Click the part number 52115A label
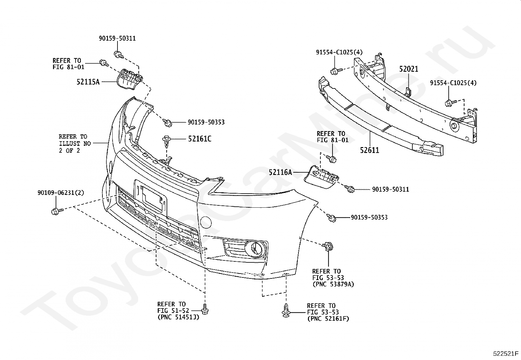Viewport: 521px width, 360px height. tap(88, 82)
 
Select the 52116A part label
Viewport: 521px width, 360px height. tap(280, 172)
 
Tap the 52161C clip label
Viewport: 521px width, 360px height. tap(199, 139)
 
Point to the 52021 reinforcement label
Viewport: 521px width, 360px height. tap(408, 69)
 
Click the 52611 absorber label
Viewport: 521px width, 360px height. tap(369, 150)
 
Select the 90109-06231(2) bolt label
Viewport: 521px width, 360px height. tap(61, 193)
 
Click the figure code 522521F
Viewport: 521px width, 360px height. tap(506, 353)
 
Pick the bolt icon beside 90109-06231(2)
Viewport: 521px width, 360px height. tap(55, 211)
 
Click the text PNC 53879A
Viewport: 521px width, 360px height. tap(333, 284)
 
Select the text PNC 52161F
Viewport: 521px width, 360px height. tap(328, 318)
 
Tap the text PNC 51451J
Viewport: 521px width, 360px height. tap(178, 317)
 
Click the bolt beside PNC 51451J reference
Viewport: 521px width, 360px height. tap(205, 309)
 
